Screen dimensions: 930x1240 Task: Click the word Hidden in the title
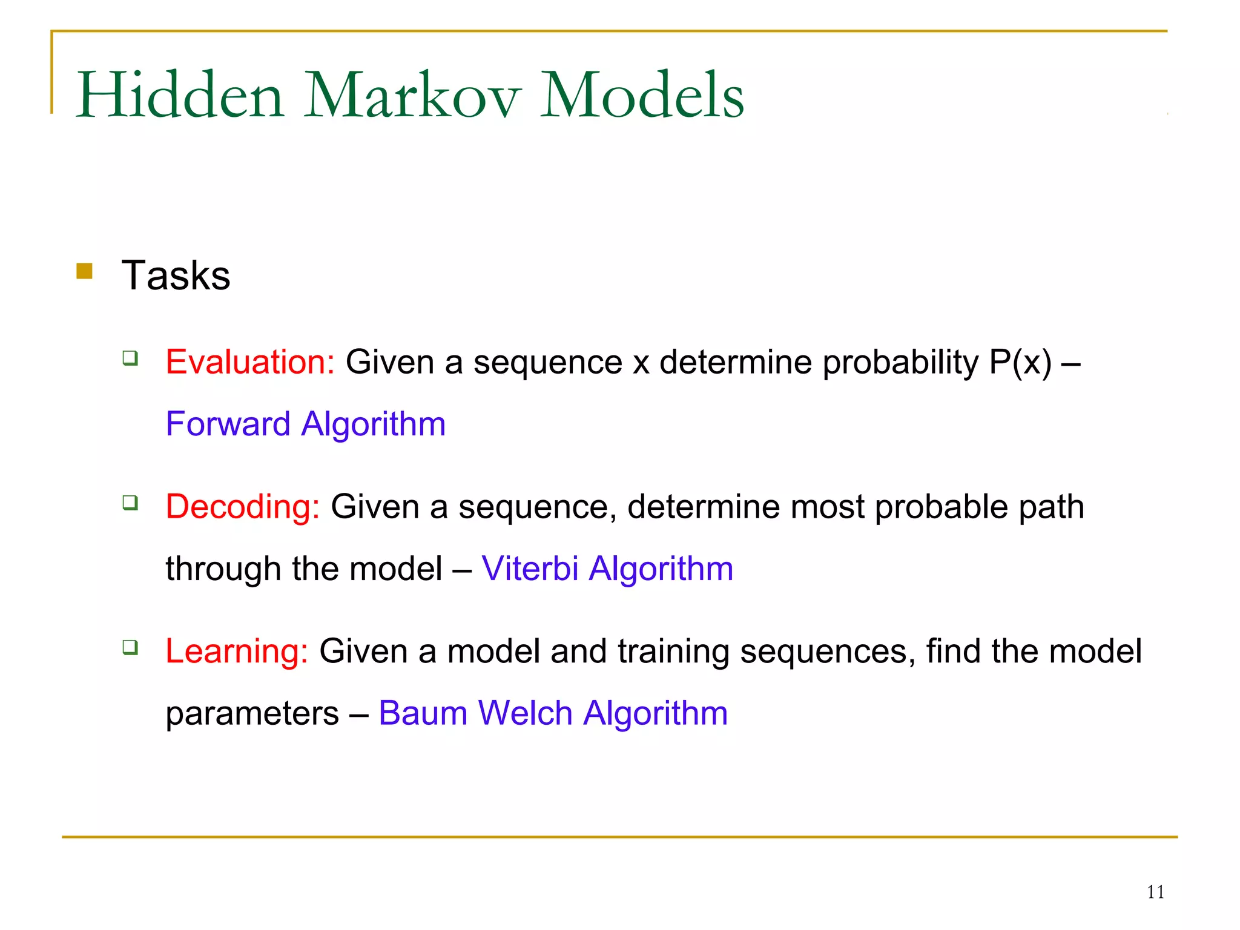click(180, 95)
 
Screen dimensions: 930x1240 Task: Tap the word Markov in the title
click(412, 95)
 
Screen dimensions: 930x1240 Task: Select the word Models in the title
click(642, 95)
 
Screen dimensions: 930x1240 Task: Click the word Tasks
click(176, 275)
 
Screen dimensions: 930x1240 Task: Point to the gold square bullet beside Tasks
click(85, 271)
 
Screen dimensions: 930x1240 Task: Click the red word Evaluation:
click(250, 362)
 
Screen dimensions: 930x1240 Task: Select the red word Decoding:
click(243, 507)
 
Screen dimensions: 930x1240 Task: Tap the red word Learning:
click(237, 651)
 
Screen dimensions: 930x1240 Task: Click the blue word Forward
click(228, 424)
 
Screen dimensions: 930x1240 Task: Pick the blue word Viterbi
click(530, 569)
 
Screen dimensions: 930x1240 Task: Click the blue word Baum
click(423, 713)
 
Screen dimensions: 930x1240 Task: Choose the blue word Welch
click(525, 713)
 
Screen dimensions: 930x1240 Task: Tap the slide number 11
click(1155, 892)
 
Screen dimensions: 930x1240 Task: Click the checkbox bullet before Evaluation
click(130, 358)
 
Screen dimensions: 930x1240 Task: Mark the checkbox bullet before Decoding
click(130, 503)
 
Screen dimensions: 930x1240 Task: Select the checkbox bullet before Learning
click(130, 647)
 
